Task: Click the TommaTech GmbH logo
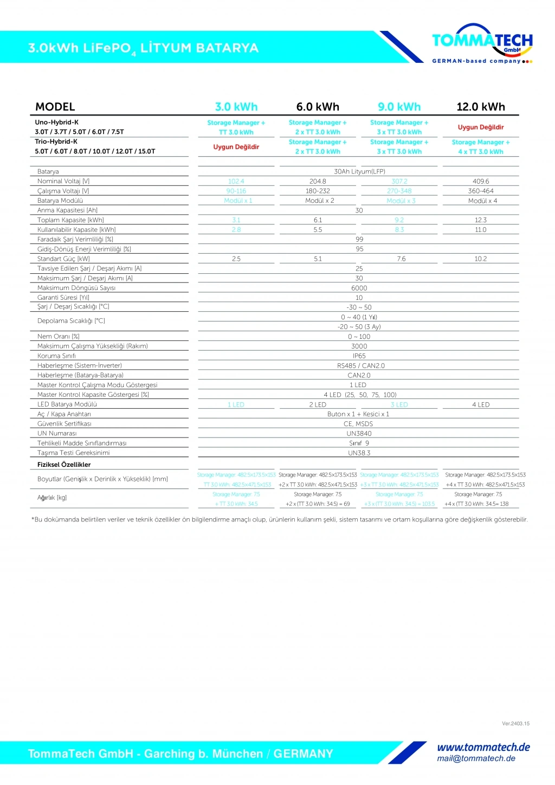click(482, 43)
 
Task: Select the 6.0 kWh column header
click(318, 107)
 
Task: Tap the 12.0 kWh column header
click(481, 107)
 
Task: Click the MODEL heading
click(55, 107)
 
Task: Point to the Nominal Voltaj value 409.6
click(481, 182)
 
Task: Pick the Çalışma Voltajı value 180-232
click(318, 191)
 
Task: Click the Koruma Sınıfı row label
click(56, 356)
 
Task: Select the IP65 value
click(359, 356)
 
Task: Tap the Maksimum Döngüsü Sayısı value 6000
click(359, 288)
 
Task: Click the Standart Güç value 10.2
click(481, 259)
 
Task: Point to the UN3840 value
click(359, 434)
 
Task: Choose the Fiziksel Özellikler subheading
click(64, 465)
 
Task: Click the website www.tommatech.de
click(483, 748)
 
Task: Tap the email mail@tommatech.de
click(476, 758)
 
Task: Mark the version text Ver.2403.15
click(515, 724)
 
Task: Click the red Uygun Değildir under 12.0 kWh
click(481, 127)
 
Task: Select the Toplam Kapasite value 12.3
click(481, 220)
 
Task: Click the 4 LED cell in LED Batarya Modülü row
click(481, 405)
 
